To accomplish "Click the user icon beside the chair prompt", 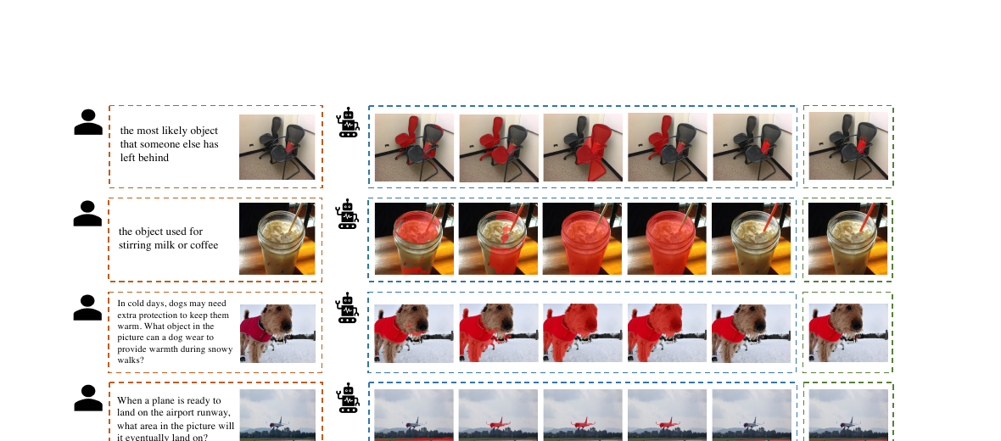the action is pyautogui.click(x=88, y=122).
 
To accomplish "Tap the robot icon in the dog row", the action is pyautogui.click(x=347, y=308).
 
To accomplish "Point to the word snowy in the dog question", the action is pyautogui.click(x=218, y=349).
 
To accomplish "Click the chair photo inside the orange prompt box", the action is pyautogui.click(x=277, y=147).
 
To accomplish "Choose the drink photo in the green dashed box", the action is pyautogui.click(x=847, y=238).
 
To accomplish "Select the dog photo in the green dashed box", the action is pyautogui.click(x=848, y=333).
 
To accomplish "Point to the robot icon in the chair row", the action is pyautogui.click(x=348, y=122).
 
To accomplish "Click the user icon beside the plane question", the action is pyautogui.click(x=88, y=399).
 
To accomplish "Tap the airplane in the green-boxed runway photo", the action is pyautogui.click(x=848, y=422).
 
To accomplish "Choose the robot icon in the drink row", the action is pyautogui.click(x=347, y=214).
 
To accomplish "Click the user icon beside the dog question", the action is pyautogui.click(x=88, y=308).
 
